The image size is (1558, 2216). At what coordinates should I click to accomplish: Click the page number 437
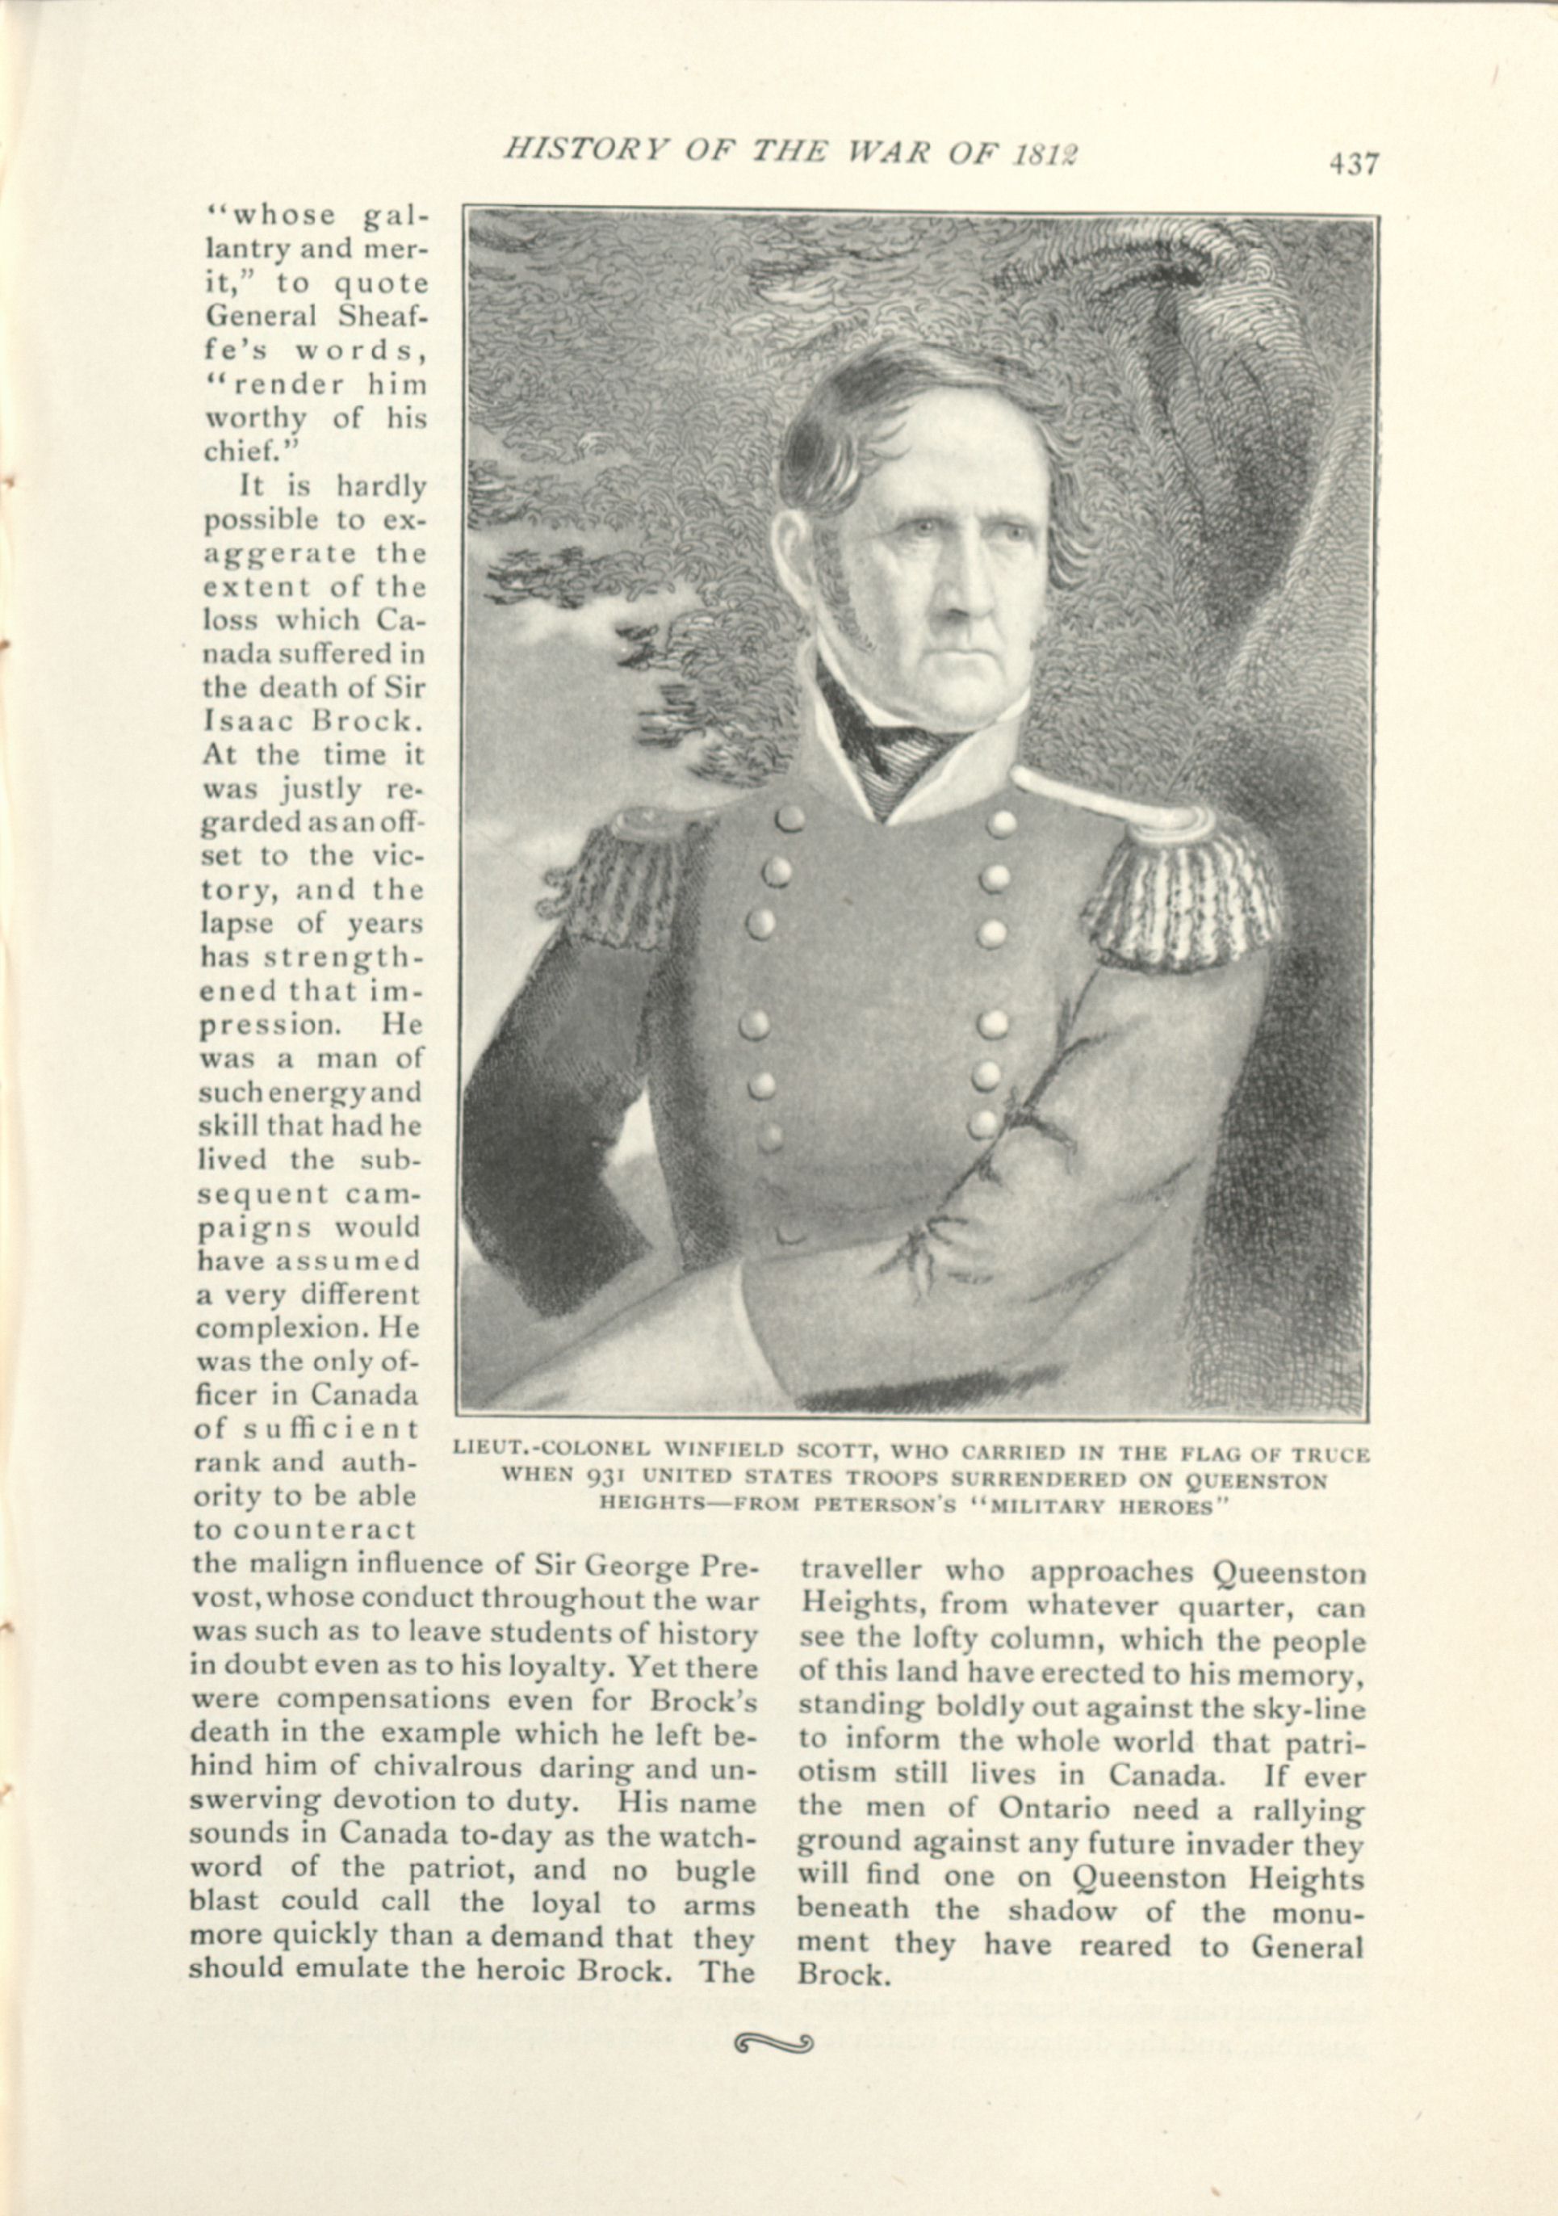1354,164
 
